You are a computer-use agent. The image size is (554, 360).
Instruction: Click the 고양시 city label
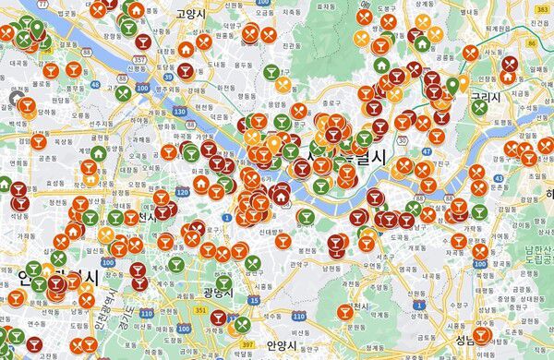coord(189,15)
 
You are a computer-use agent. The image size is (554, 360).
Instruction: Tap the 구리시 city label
coord(484,95)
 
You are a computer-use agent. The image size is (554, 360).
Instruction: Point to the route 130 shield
coord(179,111)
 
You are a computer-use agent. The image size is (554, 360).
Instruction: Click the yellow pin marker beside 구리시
coord(452,86)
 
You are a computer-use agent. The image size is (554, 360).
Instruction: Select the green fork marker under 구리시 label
coord(479,107)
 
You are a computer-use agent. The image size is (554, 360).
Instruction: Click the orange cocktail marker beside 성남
coord(481,334)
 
